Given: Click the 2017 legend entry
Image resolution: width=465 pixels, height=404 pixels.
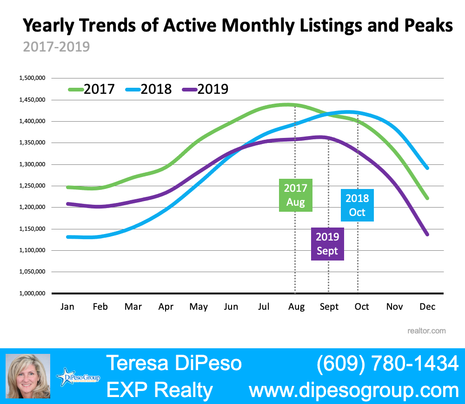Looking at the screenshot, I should [x=91, y=89].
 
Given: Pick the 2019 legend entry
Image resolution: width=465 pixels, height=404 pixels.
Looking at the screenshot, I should [x=205, y=89].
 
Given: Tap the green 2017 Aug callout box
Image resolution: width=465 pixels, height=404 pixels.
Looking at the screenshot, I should [x=296, y=195].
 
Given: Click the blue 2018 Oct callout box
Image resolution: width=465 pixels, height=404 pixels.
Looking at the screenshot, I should [x=358, y=205].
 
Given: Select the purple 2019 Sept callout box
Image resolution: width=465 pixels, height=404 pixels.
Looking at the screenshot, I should [x=327, y=244].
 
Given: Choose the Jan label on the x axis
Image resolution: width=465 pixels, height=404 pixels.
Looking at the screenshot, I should [x=68, y=307].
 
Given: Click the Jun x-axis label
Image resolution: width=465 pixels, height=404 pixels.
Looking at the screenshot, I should [x=231, y=307].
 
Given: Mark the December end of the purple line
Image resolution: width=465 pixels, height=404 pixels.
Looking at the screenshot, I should [x=427, y=235].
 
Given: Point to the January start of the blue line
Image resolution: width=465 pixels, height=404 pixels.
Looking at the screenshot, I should [x=68, y=237].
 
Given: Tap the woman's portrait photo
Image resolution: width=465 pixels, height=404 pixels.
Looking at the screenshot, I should [x=27, y=376].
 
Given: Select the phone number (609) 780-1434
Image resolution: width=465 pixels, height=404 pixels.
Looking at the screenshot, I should [x=387, y=363].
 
